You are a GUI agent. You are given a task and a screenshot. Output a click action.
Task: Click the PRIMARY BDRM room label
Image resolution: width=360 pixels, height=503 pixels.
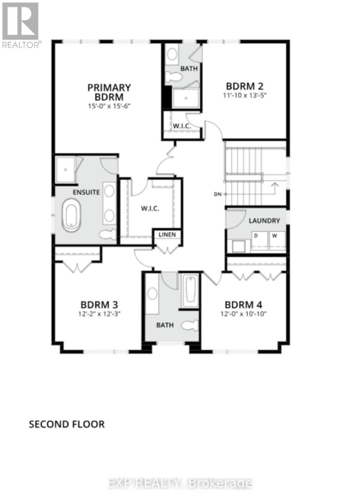(x=109, y=92)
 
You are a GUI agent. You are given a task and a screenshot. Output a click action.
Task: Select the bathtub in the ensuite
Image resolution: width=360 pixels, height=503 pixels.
(x=72, y=215)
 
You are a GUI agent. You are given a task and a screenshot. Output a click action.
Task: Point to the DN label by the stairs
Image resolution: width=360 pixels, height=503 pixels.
(x=217, y=194)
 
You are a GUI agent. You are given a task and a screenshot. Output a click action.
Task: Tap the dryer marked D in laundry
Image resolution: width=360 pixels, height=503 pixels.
(x=259, y=240)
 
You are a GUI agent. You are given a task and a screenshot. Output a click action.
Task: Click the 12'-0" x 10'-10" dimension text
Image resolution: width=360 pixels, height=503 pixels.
(x=246, y=313)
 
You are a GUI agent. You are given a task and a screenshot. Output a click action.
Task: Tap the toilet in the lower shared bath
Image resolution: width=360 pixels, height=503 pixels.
(x=190, y=326)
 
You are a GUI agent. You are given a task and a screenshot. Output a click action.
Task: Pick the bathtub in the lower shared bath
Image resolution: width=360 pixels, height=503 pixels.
(x=190, y=289)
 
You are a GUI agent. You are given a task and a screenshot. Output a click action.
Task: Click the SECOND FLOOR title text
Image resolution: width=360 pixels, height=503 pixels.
(x=66, y=424)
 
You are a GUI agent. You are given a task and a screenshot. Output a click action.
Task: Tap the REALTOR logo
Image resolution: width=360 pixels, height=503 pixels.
(x=21, y=25)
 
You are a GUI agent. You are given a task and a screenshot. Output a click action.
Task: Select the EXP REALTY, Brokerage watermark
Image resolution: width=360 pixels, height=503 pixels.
(x=180, y=483)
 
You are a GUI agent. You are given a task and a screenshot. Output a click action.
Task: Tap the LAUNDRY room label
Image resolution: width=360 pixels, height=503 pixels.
(x=264, y=220)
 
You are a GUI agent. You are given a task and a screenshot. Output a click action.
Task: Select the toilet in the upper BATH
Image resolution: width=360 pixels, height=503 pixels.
(x=173, y=77)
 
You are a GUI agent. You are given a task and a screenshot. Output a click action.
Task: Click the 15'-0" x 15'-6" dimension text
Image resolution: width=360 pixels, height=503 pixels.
(x=109, y=106)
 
